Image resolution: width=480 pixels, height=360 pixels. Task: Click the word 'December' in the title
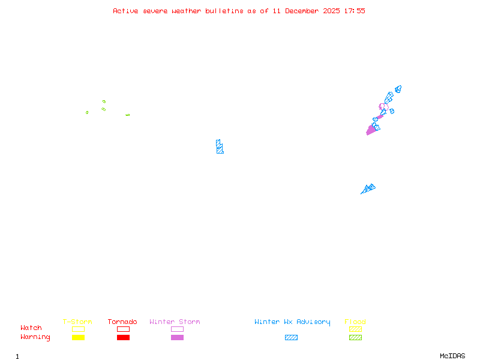(x=302, y=11)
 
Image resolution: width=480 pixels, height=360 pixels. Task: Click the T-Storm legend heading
(x=77, y=322)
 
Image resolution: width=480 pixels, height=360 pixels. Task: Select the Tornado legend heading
(x=122, y=322)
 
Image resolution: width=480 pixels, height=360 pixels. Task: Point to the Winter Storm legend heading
(x=175, y=322)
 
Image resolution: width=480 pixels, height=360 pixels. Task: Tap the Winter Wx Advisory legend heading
(x=292, y=322)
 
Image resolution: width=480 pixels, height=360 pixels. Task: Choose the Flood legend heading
(x=355, y=322)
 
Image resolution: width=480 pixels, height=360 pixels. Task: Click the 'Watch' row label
(x=31, y=328)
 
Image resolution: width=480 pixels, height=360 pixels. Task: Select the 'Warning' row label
(x=35, y=337)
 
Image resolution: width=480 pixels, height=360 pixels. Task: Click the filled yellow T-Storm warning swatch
(x=78, y=338)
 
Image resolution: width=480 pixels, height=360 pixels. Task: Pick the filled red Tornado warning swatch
(x=123, y=338)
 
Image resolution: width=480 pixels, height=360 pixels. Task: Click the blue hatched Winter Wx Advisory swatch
(x=291, y=338)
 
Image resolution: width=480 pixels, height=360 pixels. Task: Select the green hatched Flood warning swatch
(x=355, y=338)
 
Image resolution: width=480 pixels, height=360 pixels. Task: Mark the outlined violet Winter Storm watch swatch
(x=177, y=329)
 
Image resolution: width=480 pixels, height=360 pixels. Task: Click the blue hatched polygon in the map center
(x=220, y=146)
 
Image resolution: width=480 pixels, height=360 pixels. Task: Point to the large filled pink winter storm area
(x=371, y=130)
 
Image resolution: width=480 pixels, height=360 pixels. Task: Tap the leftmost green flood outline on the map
(x=87, y=112)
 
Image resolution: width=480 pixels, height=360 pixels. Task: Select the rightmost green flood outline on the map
(x=127, y=115)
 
